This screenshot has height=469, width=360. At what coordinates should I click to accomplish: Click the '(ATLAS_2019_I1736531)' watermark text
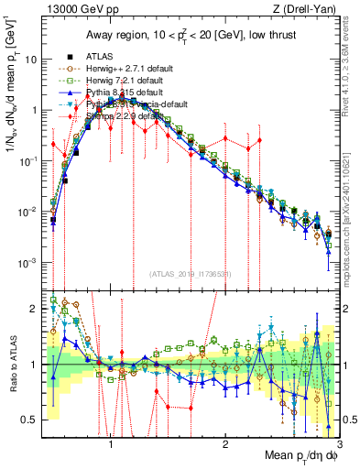[189, 273]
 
